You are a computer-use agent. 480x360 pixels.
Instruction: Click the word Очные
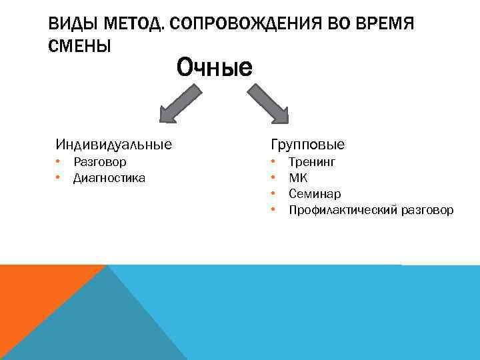[x=214, y=67]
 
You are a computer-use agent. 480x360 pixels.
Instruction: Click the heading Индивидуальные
[x=113, y=144]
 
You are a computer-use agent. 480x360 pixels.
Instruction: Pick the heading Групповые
[x=307, y=145]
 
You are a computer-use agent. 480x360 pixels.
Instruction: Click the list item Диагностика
[x=109, y=178]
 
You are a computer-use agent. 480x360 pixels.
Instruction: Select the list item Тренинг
[x=312, y=162]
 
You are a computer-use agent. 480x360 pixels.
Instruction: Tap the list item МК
[x=298, y=178]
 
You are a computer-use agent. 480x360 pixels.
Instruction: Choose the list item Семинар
[x=315, y=194]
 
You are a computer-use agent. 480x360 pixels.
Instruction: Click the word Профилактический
[x=343, y=211]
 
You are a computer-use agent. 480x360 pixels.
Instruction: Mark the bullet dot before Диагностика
[x=59, y=177]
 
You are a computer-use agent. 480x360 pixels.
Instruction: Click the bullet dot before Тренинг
[x=273, y=161]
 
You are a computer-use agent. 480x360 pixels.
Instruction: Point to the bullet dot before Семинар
[x=273, y=193]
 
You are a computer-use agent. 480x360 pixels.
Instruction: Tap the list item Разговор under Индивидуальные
[x=100, y=162]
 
